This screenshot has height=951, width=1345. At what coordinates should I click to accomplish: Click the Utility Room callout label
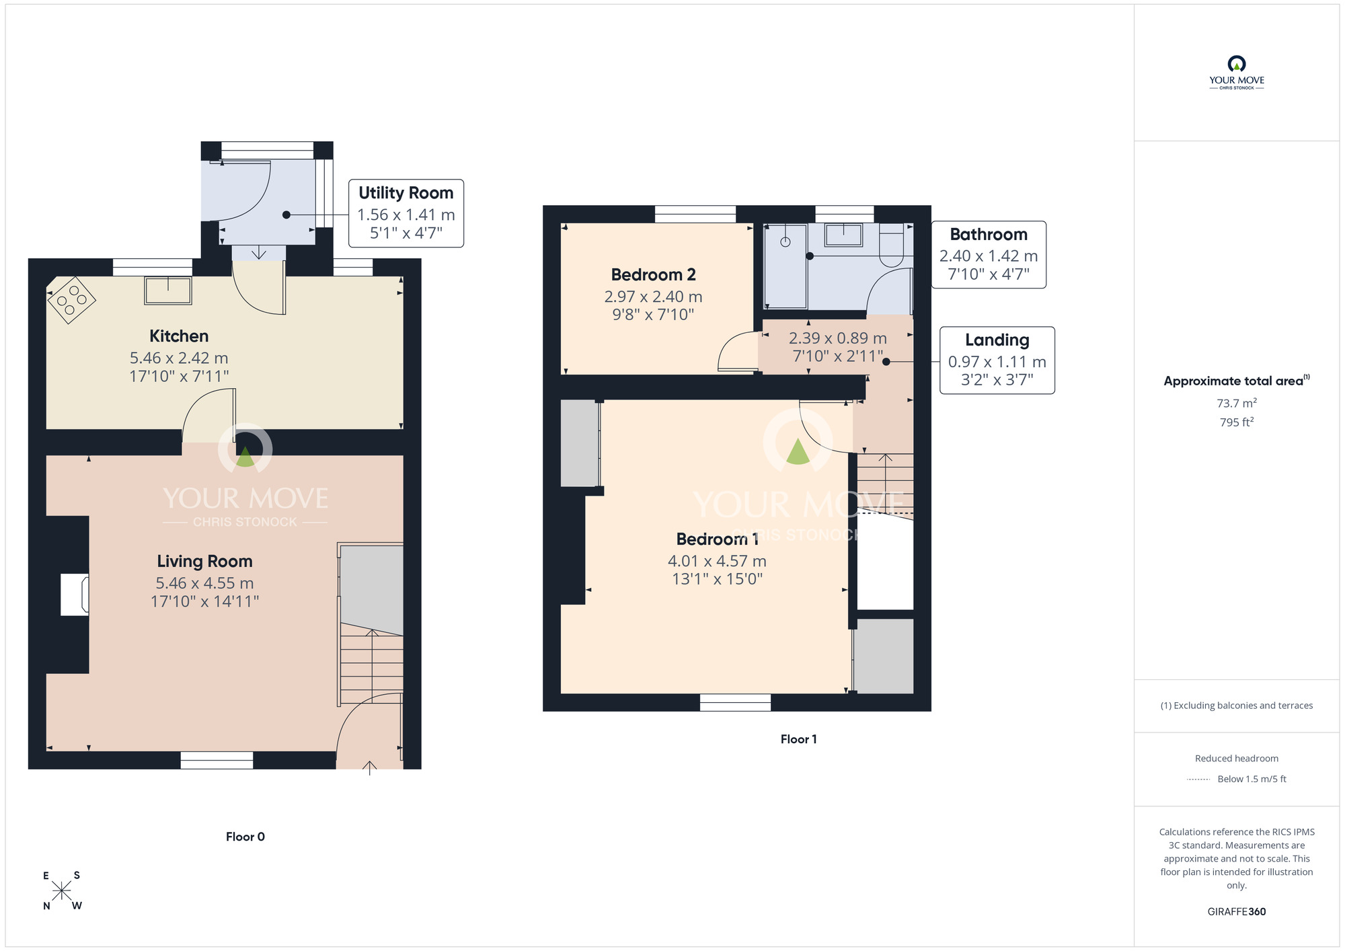pyautogui.click(x=406, y=193)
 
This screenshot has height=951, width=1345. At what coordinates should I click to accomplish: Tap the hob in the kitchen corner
pyautogui.click(x=71, y=300)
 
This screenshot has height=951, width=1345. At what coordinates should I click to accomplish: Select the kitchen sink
pyautogui.click(x=168, y=291)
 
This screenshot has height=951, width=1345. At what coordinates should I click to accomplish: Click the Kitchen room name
pyautogui.click(x=179, y=336)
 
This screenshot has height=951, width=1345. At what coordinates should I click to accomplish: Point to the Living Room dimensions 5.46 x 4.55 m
pyautogui.click(x=204, y=583)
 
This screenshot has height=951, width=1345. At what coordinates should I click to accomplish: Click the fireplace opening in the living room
pyautogui.click(x=75, y=595)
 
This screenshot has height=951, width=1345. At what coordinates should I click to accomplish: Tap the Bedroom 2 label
pyautogui.click(x=653, y=274)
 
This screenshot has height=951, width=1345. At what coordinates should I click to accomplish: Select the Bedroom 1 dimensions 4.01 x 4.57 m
pyautogui.click(x=717, y=561)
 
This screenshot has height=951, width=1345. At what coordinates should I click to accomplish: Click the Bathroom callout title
pyautogui.click(x=989, y=234)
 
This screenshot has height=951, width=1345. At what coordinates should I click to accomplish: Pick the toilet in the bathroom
pyautogui.click(x=892, y=245)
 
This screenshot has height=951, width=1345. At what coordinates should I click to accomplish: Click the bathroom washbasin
pyautogui.click(x=843, y=235)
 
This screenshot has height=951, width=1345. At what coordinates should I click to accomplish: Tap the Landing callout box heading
pyautogui.click(x=997, y=340)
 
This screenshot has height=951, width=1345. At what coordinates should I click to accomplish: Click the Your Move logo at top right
pyautogui.click(x=1237, y=73)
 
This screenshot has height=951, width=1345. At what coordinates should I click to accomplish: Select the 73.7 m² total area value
pyautogui.click(x=1237, y=403)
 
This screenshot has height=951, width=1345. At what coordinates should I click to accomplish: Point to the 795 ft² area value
pyautogui.click(x=1237, y=422)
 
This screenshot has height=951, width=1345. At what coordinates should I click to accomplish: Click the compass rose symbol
pyautogui.click(x=62, y=890)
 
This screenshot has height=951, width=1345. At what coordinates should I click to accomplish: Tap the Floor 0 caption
pyautogui.click(x=245, y=837)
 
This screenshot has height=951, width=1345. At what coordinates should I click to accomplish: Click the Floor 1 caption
pyautogui.click(x=798, y=739)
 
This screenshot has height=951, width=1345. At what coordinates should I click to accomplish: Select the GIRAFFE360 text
pyautogui.click(x=1237, y=912)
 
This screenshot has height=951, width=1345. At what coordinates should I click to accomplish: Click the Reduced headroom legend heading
pyautogui.click(x=1237, y=759)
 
